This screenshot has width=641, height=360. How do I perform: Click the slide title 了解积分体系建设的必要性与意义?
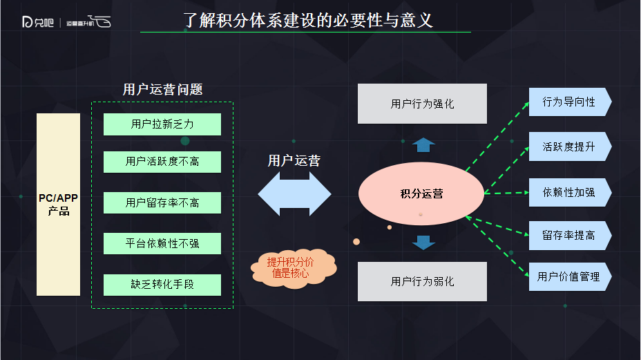point(308,19)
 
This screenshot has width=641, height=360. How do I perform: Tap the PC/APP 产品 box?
point(59,205)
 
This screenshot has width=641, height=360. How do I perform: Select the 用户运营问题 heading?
point(162,90)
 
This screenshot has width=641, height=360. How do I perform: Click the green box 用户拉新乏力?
point(162,124)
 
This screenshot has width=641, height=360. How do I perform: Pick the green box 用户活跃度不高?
point(162,162)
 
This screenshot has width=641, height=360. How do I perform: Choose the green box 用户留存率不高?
point(162,202)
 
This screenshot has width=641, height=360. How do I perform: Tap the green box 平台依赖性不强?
point(162,243)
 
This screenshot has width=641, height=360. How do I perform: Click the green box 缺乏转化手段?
point(162,284)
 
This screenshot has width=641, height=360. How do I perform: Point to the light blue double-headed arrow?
point(294,194)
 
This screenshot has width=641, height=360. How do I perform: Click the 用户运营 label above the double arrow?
point(294,161)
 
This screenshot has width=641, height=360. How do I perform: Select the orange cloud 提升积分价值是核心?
point(290,267)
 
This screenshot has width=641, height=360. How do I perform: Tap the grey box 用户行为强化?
point(422,104)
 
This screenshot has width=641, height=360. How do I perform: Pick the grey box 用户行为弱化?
point(422,281)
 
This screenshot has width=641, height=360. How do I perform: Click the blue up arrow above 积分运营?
point(423,144)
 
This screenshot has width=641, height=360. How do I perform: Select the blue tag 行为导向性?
point(569,102)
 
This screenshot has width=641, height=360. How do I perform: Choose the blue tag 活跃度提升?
point(569,146)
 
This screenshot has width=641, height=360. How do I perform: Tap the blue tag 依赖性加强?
point(569,191)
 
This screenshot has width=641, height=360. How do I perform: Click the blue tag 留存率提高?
point(569,236)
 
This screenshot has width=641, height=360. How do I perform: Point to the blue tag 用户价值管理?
point(569,276)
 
